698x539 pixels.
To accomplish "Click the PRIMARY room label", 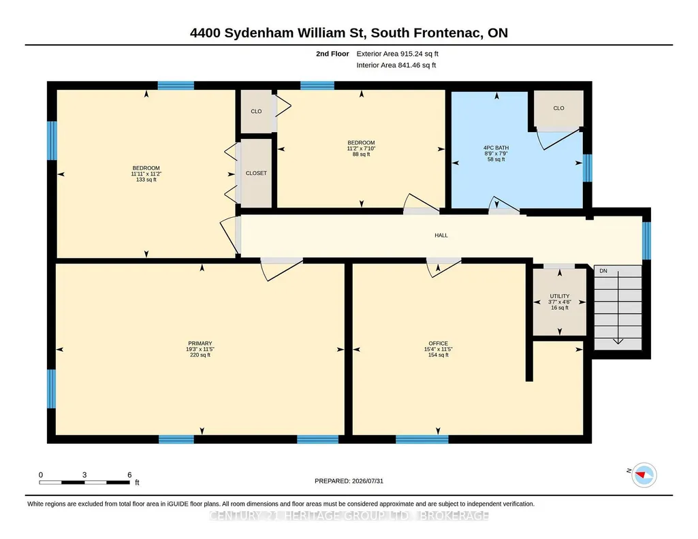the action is pos(200,343).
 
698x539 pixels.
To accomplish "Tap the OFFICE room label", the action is pos(438,343).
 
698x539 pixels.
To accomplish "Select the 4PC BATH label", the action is pos(496,148).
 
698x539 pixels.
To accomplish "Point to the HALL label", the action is pos(441,235).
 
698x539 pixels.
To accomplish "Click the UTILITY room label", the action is pos(560,296).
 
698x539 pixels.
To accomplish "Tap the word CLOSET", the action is pos(256,173).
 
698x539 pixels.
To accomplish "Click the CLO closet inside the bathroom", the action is pos(558,108).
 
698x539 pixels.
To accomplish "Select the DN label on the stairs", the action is pos(603,271).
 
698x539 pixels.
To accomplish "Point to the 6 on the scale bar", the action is pos(129,475).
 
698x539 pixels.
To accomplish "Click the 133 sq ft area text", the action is pos(146,180).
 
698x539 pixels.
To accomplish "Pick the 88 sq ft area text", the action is pos(361,154).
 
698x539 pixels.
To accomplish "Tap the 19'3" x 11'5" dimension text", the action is pos(200,349).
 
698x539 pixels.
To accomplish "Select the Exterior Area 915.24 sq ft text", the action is pos(398,54).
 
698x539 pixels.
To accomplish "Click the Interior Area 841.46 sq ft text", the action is pos(396,65).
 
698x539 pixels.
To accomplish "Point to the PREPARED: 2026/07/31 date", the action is pos(349,480).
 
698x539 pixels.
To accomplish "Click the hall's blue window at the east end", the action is pos(646,241).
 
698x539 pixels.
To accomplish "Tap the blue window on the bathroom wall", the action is pos(588,167).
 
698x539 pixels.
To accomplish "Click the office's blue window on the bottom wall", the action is pos(422,440).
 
